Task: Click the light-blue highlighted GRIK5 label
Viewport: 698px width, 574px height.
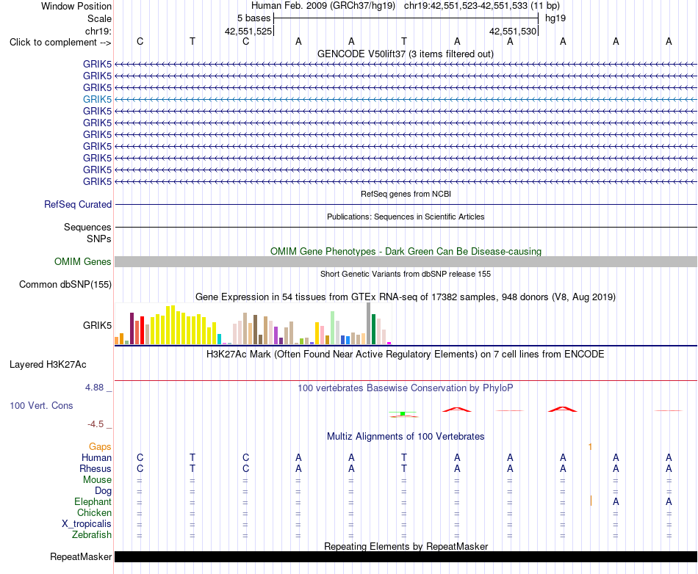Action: [x=97, y=99]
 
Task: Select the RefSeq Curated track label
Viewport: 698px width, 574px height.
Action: [x=78, y=204]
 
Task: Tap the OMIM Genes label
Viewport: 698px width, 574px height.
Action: [x=83, y=261]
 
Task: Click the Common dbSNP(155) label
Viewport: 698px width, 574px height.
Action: [x=65, y=285]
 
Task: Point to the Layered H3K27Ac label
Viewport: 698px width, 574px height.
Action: [x=48, y=365]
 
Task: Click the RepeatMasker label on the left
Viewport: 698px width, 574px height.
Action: [x=81, y=556]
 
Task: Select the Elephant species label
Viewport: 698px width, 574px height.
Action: [x=93, y=501]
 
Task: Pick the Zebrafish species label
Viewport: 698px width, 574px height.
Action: [x=92, y=534]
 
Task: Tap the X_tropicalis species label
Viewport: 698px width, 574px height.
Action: [x=87, y=524]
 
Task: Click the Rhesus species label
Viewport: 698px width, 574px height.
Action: [x=96, y=468]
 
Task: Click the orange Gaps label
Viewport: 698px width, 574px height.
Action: [x=100, y=446]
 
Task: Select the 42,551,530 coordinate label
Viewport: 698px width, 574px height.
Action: [x=513, y=31]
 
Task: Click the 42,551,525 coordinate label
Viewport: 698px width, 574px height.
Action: [x=248, y=31]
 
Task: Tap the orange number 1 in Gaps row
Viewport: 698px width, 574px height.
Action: [x=590, y=446]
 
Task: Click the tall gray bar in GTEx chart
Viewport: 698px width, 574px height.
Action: [x=369, y=324]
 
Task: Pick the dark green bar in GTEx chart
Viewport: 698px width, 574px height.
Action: [x=374, y=330]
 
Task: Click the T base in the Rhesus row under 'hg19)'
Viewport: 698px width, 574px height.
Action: [x=404, y=468]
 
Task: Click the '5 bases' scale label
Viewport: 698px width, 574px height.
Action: [x=253, y=18]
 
